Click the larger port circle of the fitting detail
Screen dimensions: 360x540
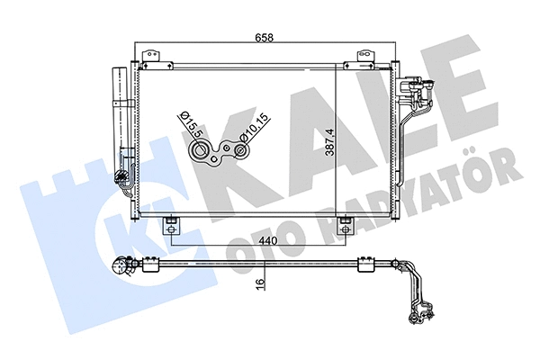click(x=197, y=154)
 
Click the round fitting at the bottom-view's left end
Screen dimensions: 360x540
click(x=119, y=266)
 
